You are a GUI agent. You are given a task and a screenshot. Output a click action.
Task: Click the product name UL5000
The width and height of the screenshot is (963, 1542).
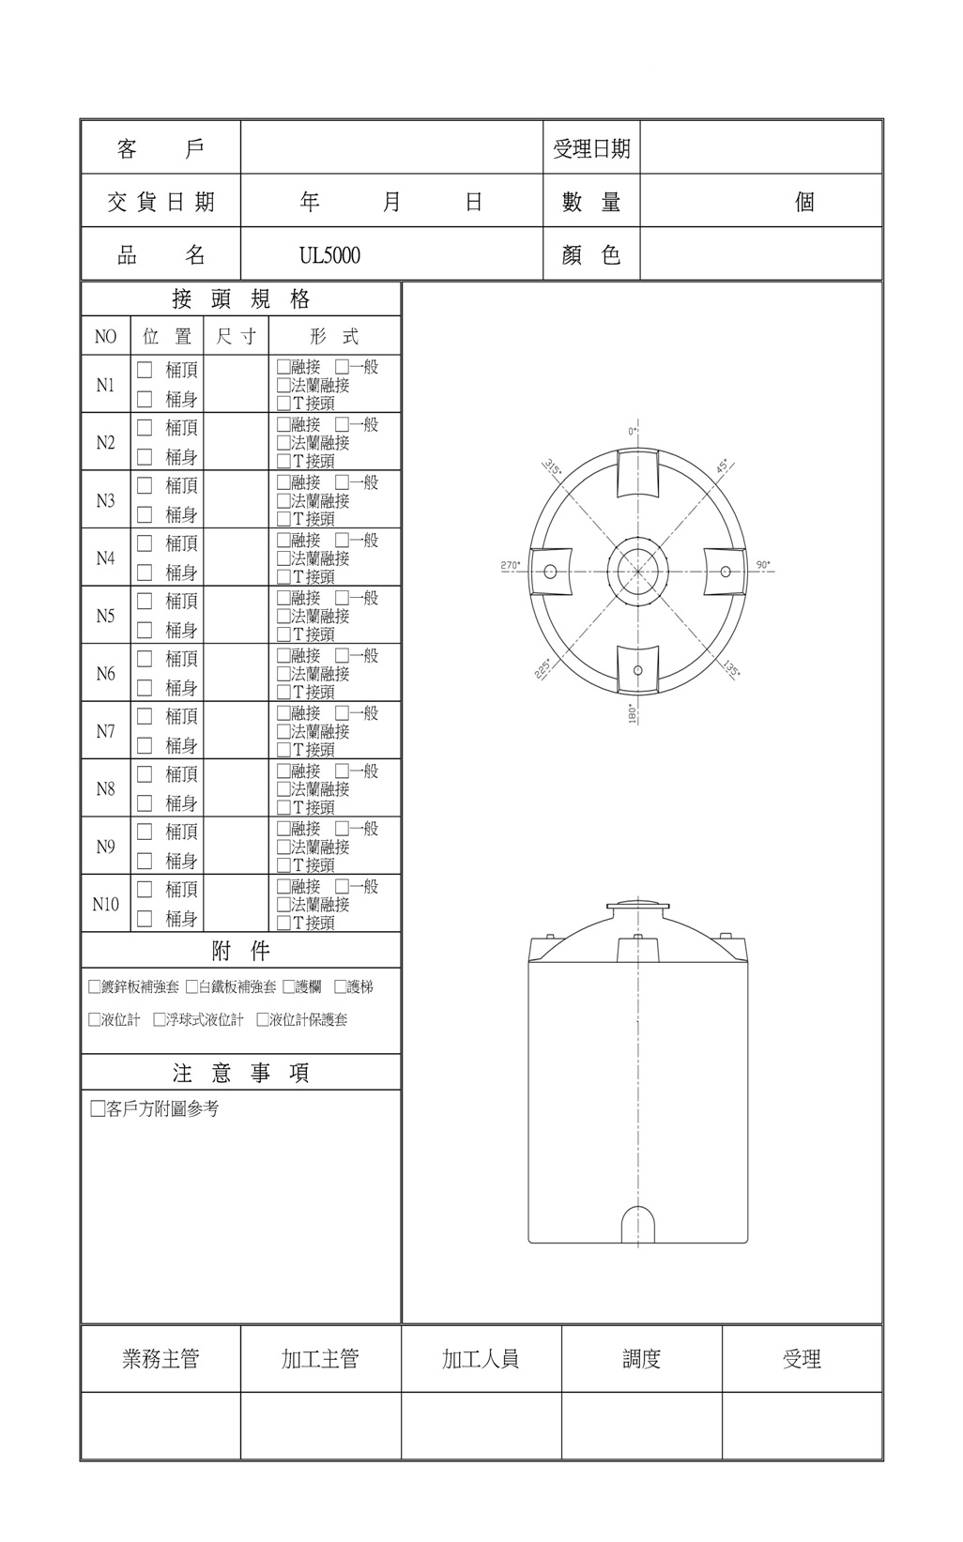(329, 255)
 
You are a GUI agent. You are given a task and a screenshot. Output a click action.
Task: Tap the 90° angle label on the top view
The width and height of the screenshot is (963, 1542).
(763, 564)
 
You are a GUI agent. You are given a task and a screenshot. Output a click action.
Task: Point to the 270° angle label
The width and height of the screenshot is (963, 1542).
(510, 565)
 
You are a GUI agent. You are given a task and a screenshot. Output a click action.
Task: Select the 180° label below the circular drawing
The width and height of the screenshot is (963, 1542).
(632, 712)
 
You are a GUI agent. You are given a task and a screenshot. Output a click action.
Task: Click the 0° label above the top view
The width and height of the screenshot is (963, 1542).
(633, 431)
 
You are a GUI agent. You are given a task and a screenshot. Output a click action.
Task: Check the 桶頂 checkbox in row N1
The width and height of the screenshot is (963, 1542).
(145, 371)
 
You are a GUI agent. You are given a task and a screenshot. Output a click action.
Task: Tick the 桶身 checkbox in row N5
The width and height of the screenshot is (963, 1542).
(145, 630)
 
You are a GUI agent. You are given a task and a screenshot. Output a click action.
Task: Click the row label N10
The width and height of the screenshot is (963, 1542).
(105, 904)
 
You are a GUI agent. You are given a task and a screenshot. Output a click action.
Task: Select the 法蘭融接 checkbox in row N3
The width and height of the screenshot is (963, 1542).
(283, 500)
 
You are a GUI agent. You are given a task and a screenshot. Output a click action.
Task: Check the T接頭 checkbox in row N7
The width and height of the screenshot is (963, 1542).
(283, 750)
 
